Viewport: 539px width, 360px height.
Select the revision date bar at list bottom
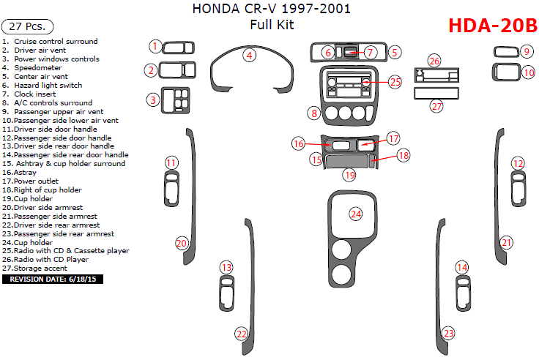(53, 279)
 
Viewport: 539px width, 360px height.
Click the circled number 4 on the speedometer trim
(250, 55)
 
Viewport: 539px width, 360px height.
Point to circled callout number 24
(356, 214)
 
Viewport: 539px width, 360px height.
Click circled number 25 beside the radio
(395, 82)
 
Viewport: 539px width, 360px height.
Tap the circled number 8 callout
(313, 113)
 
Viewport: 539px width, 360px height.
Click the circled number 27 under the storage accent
(436, 106)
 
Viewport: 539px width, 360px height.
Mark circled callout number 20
(181, 242)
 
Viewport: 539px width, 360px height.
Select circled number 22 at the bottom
(242, 334)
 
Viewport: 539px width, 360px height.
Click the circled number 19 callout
(350, 175)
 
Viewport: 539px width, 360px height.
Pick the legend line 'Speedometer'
(40, 68)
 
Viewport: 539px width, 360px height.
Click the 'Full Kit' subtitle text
(271, 26)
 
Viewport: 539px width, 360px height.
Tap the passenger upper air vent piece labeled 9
(505, 51)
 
